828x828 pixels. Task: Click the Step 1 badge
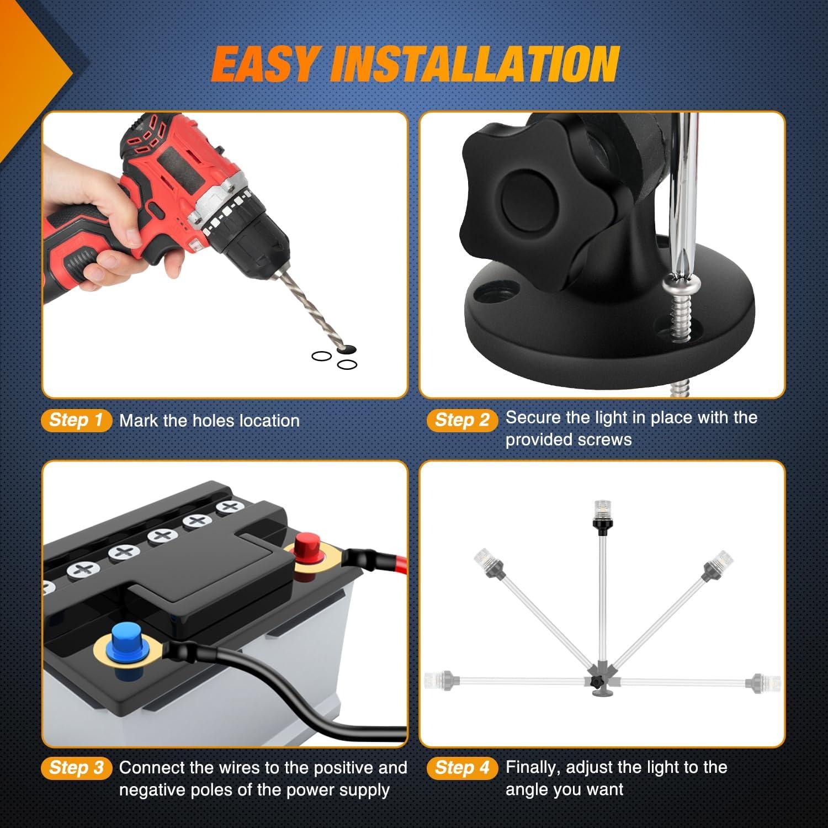pos(76,420)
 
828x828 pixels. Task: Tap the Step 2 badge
pos(462,420)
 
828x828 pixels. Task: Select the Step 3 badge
pos(76,767)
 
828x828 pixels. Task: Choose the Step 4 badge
pos(462,767)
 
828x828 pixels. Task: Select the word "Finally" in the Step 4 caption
pos(533,768)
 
